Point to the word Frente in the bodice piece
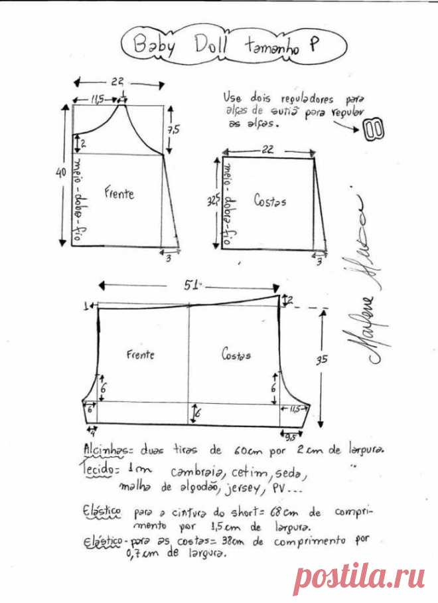pos(119,193)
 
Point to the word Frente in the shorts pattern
pos(140,355)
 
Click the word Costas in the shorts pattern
pos(236,355)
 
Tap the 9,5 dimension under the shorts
pos(290,438)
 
